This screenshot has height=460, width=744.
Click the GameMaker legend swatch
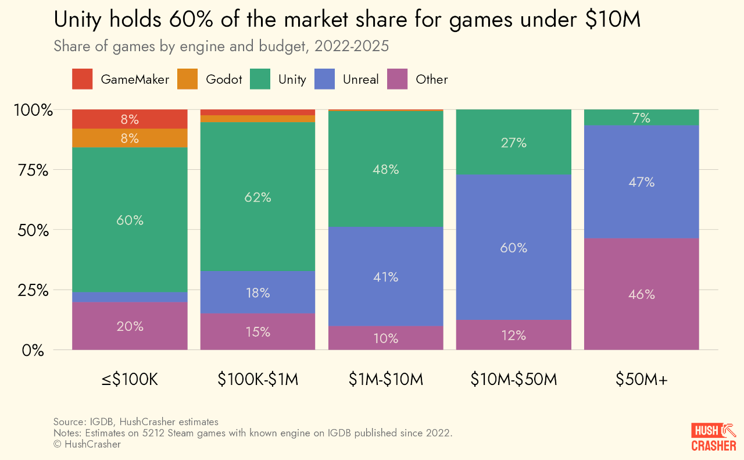point(82,79)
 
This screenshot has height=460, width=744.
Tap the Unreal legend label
point(360,79)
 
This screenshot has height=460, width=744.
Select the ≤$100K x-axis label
point(130,380)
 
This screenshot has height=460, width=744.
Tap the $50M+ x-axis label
point(642,380)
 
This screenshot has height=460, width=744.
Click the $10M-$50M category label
point(514,380)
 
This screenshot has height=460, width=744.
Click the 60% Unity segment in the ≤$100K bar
point(130,220)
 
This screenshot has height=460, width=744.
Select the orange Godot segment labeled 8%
point(130,138)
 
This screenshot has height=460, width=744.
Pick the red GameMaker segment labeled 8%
point(130,119)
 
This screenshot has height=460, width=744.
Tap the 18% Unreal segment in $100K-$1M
point(257,293)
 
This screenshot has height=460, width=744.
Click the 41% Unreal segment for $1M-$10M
point(386,277)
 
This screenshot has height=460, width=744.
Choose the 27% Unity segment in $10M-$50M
point(514,142)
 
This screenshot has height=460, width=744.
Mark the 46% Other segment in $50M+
point(642,294)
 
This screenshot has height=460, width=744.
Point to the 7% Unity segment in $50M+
point(642,118)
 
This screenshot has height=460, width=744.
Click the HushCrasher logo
point(713,437)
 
